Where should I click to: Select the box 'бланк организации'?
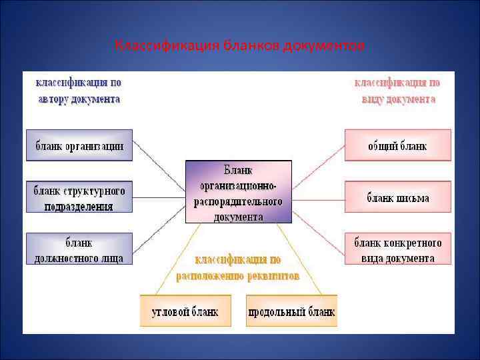[79, 145]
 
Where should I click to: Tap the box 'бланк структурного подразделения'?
[79, 197]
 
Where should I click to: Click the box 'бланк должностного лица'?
[79, 248]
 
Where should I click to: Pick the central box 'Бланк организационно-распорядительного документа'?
[238, 191]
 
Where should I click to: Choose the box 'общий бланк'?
[397, 145]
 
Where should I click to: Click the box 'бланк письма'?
[397, 197]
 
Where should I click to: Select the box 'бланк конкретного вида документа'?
[397, 248]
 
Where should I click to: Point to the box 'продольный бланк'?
[291, 310]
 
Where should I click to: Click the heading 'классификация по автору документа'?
[78, 91]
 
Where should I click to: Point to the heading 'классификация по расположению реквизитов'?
[237, 267]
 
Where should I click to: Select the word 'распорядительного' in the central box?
[238, 201]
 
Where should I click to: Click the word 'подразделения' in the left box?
[79, 206]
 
